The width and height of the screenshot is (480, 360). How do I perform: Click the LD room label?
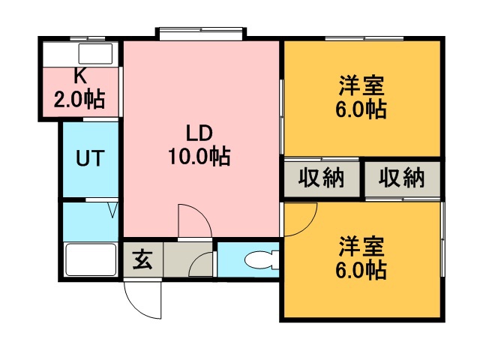tap(199, 133)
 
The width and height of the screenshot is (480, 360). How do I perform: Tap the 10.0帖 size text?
tap(199, 157)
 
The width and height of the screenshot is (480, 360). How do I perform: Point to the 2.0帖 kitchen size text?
tap(78, 98)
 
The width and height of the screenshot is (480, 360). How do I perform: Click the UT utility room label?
tap(90, 159)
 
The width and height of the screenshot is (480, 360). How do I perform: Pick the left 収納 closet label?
tap(321, 178)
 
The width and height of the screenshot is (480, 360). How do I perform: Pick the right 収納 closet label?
tap(401, 178)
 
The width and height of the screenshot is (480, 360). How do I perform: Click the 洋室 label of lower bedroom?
tap(361, 246)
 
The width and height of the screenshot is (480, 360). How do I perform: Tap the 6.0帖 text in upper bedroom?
tap(361, 109)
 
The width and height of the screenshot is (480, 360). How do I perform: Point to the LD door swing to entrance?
tap(192, 219)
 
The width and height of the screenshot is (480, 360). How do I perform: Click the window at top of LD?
tap(200, 33)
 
